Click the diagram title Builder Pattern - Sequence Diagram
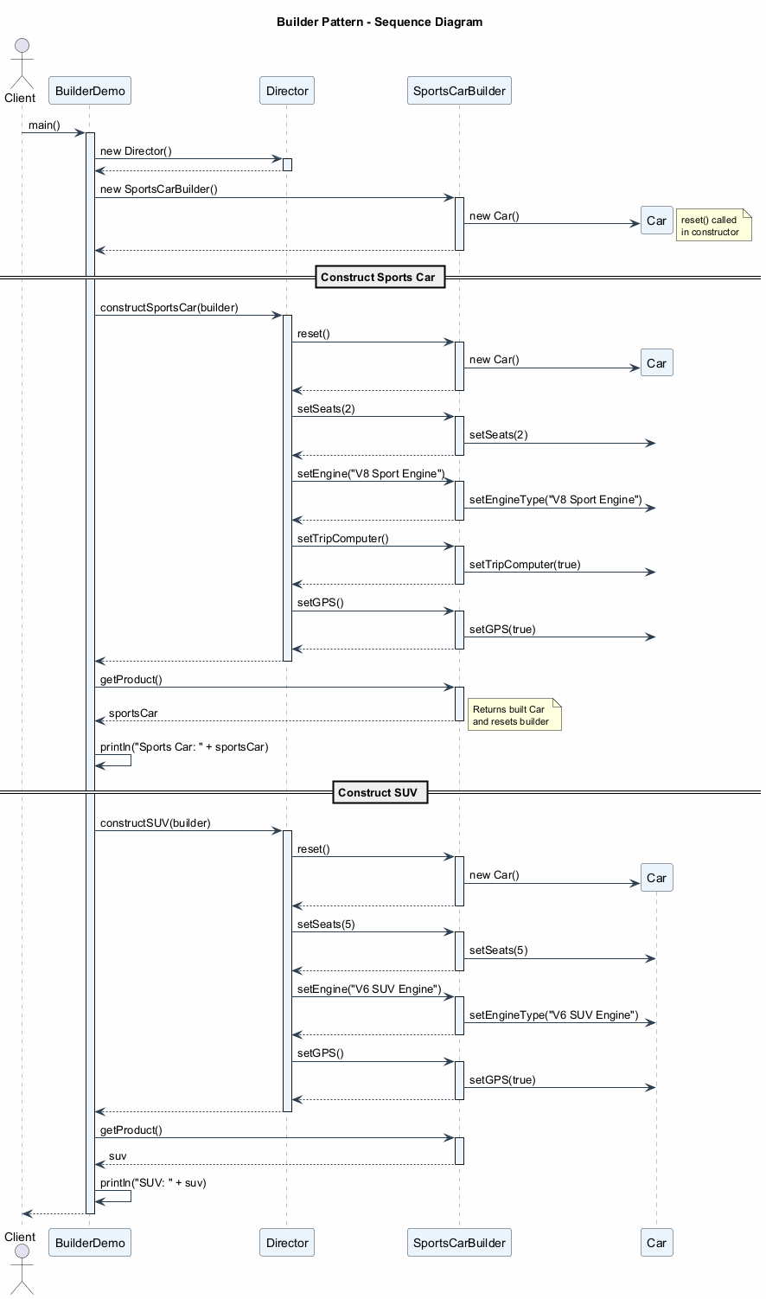coord(380,22)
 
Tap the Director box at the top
coord(287,91)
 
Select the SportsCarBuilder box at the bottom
coord(459,1243)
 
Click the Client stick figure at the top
coord(20,61)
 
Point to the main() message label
coord(44,125)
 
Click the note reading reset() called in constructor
coord(713,226)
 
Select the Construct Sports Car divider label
coord(380,278)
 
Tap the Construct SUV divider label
coord(380,792)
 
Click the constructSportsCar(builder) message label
coord(169,308)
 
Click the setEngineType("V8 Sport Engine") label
coord(555,500)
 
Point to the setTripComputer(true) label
coord(525,565)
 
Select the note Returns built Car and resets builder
coord(514,715)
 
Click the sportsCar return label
coord(133,713)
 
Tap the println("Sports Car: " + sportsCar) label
coord(184,747)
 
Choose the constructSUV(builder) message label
coord(156,823)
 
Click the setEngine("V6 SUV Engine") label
coord(369,989)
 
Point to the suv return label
coord(118,1156)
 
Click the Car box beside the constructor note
coord(656,221)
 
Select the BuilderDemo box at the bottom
coord(90,1243)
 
